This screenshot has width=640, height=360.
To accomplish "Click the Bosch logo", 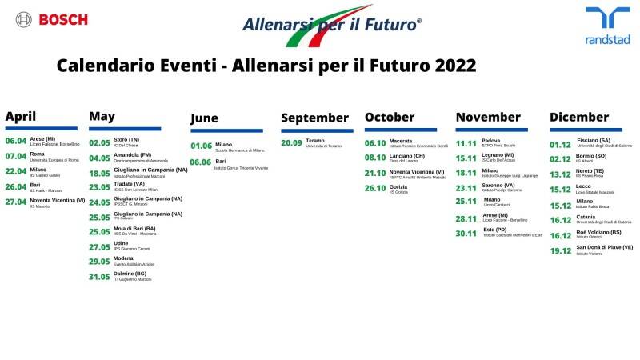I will (x=51, y=19).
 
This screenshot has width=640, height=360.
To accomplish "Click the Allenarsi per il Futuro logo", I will (x=330, y=26).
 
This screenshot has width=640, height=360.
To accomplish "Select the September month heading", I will (x=316, y=118).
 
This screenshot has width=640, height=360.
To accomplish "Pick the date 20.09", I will (x=291, y=142).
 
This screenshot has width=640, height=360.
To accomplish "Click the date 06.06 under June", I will (x=201, y=162).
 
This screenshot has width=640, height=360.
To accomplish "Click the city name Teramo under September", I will (x=315, y=140).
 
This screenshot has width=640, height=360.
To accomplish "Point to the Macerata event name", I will (x=401, y=141).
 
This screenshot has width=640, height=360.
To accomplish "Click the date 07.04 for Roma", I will (x=16, y=156).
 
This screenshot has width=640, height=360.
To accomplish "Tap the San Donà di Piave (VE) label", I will (x=605, y=247).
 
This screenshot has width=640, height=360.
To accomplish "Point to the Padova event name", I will (x=491, y=140).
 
